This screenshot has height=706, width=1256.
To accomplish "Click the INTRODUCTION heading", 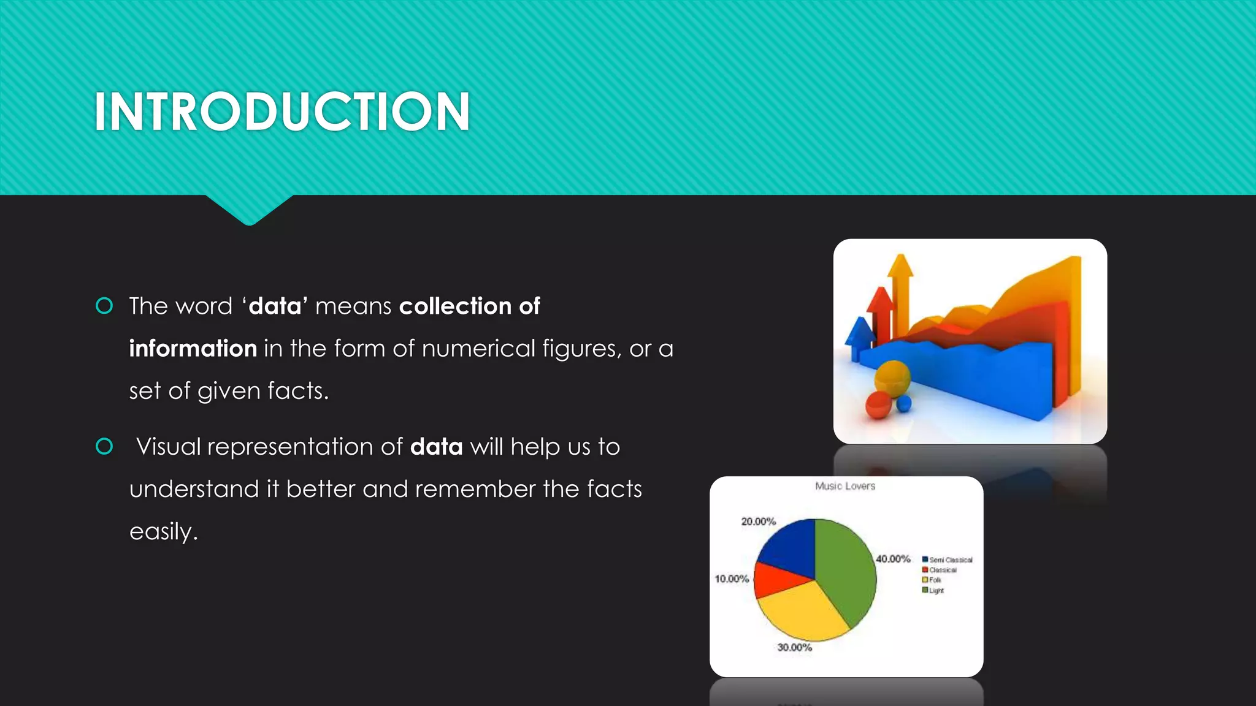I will point(282,112).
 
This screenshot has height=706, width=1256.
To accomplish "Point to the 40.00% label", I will point(893,559).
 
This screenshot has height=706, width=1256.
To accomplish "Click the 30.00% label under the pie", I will point(794,647).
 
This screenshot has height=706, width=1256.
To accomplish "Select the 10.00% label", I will point(732,579).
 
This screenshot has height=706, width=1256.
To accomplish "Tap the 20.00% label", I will point(759,522).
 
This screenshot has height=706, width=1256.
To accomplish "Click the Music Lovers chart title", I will point(845,486).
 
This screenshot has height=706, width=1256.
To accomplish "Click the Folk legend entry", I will point(934,580).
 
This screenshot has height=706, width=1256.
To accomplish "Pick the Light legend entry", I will point(935,590).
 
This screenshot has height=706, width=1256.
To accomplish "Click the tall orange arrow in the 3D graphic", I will point(900,294).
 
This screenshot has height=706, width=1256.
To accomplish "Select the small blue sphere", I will point(904,403).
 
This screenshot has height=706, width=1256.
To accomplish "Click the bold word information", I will point(193,349).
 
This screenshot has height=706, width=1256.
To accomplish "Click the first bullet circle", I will point(104,306).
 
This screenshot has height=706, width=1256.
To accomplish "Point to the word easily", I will point(163,532).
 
